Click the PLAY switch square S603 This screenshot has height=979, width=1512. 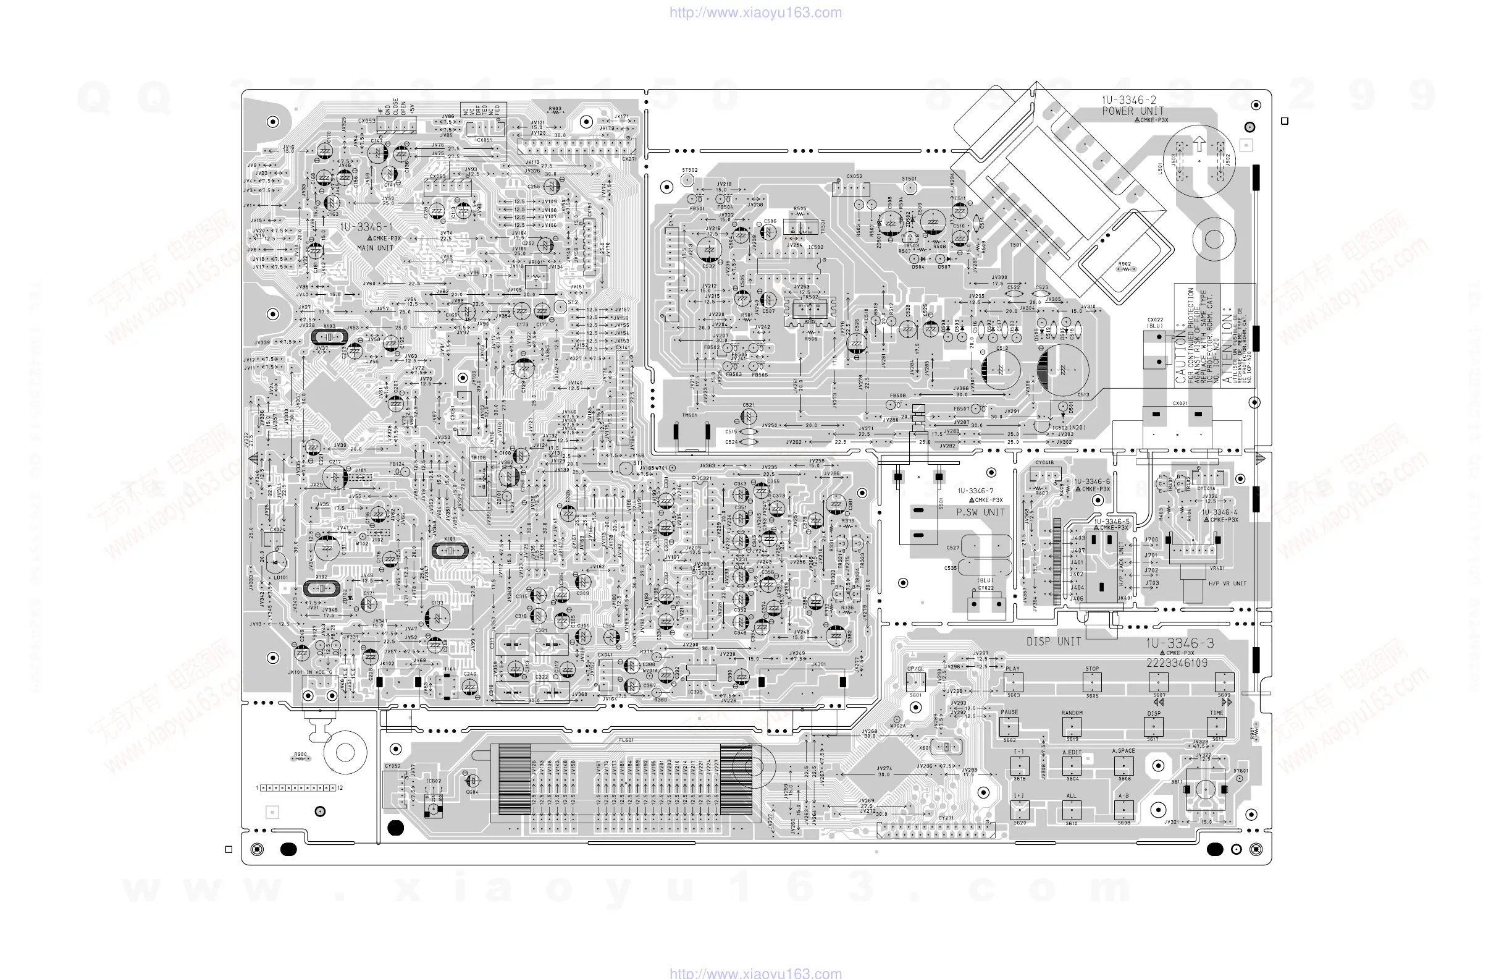[x=1014, y=683]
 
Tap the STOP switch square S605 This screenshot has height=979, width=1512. [x=1092, y=683]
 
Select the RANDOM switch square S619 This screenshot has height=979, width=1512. [x=1072, y=726]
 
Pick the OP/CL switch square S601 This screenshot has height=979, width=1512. [x=915, y=682]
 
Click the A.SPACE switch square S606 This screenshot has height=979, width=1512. [x=1124, y=766]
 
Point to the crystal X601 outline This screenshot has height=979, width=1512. [x=946, y=747]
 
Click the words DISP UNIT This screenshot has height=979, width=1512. [x=1053, y=642]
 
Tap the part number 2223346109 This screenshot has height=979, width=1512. [x=1177, y=663]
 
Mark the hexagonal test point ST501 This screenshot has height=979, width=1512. [x=910, y=189]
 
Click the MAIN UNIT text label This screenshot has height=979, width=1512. [x=375, y=248]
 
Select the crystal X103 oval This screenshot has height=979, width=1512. [x=330, y=337]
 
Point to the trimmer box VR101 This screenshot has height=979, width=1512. [x=536, y=276]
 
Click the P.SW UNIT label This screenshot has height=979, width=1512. [x=980, y=512]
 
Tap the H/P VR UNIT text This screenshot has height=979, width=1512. [x=1227, y=583]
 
